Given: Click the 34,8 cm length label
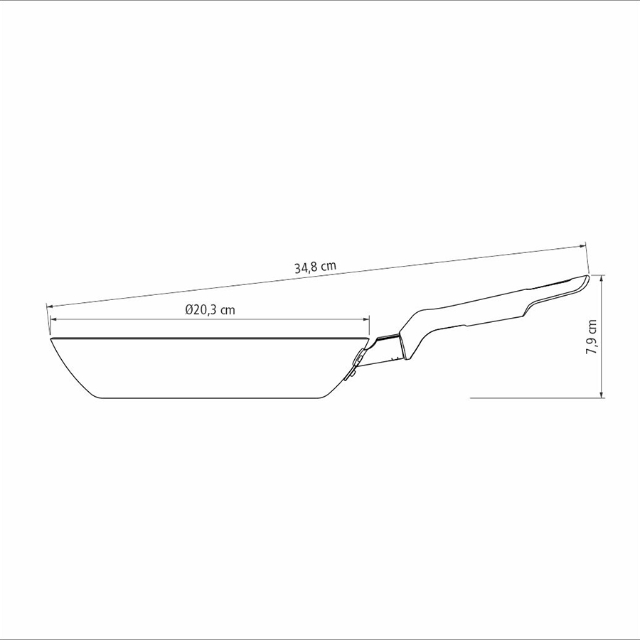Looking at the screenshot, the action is click(x=316, y=267).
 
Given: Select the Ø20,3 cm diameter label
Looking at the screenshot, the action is click(x=210, y=310).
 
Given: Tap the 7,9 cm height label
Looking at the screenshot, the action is click(x=592, y=336).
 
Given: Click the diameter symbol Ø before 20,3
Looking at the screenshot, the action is click(x=189, y=310).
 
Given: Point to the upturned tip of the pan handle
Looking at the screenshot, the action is click(x=587, y=277).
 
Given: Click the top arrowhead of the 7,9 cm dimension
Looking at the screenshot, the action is click(x=601, y=278).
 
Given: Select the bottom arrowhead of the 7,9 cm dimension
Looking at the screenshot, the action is click(x=601, y=394).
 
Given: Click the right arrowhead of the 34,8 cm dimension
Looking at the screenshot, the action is click(x=582, y=246).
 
